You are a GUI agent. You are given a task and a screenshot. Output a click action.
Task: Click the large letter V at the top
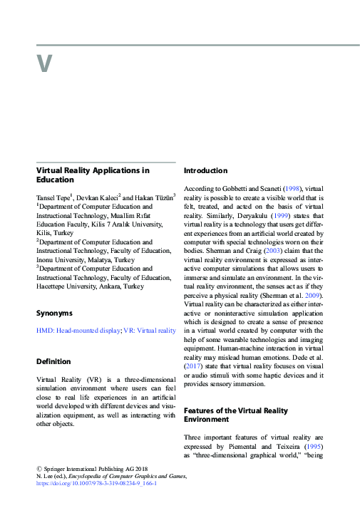coord(44,64)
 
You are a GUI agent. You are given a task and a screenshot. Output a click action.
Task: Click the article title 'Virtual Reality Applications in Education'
coord(93,175)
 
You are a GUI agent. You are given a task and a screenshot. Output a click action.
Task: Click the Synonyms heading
coord(54,313)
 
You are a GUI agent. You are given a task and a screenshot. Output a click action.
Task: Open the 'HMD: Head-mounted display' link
coord(78,331)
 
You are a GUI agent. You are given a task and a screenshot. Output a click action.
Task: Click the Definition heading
coord(54,362)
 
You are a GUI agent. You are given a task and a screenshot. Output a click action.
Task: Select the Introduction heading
coord(205,171)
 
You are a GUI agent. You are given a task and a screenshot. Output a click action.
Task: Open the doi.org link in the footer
coord(96,483)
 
